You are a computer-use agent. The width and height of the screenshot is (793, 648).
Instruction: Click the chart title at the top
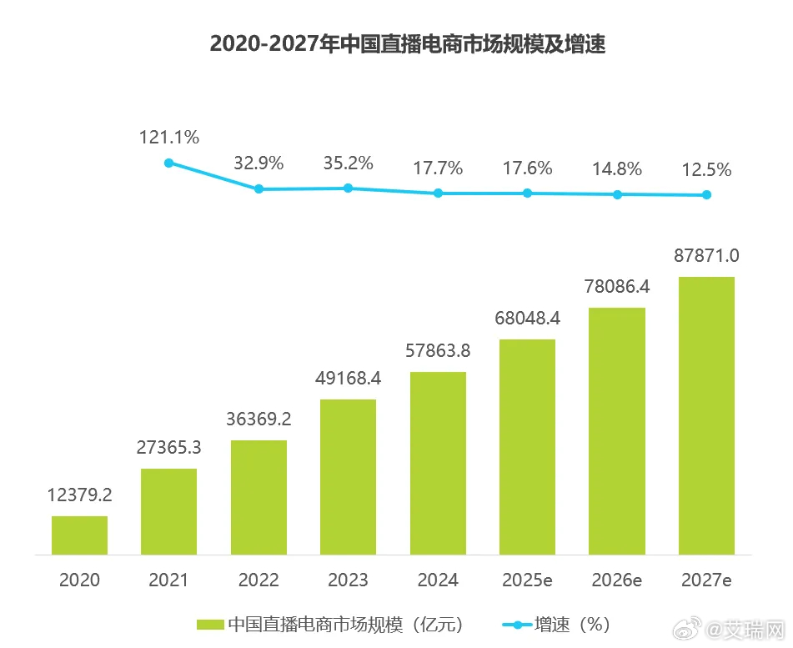[x=407, y=44]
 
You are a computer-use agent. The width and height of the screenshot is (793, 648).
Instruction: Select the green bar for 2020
[x=79, y=535]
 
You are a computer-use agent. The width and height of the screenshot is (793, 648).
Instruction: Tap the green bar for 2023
[x=348, y=476]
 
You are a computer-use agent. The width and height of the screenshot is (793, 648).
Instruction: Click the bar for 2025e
[x=527, y=446]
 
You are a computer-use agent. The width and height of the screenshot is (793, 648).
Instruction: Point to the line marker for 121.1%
[x=168, y=163]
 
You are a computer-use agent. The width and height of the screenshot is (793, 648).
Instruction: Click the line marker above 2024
[x=438, y=193]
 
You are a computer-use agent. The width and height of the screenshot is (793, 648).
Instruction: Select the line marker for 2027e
[x=706, y=195]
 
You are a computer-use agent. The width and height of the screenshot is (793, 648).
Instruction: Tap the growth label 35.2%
[x=348, y=163]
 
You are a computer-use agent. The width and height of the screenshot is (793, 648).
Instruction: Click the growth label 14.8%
[x=617, y=169]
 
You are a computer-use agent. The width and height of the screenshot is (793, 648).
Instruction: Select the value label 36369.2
[x=258, y=419]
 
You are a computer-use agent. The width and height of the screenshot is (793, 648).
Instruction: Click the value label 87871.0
[x=706, y=255]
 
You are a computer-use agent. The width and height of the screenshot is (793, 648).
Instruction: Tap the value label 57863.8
[x=438, y=350]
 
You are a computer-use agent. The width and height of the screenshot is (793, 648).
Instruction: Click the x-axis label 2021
[x=168, y=580]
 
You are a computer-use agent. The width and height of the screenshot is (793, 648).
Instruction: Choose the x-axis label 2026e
[x=617, y=580]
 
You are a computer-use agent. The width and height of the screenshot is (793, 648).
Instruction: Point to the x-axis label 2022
[x=258, y=580]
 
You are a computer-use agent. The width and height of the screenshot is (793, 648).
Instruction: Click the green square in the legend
[x=209, y=624]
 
